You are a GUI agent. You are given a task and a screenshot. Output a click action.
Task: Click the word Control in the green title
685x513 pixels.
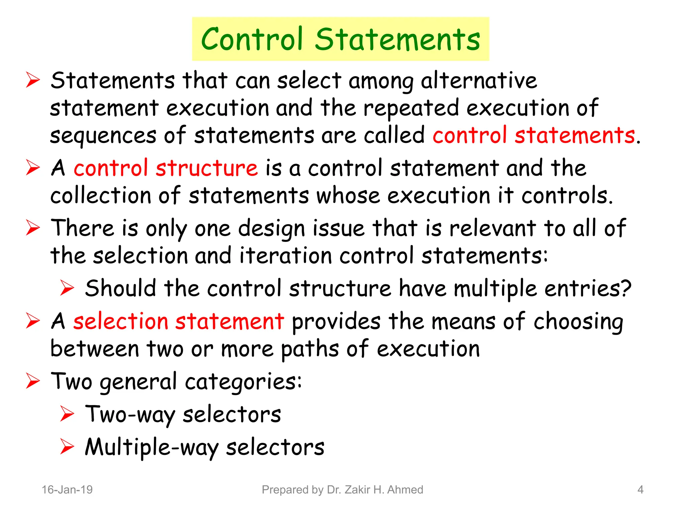click(x=252, y=39)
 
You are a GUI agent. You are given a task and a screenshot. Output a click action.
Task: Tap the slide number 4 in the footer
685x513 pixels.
click(x=640, y=490)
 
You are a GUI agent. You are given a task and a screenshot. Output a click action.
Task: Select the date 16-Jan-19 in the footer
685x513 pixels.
click(x=67, y=490)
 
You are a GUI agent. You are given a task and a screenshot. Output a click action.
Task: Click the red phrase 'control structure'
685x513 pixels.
click(x=166, y=168)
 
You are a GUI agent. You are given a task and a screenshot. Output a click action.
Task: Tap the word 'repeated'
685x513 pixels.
click(x=411, y=108)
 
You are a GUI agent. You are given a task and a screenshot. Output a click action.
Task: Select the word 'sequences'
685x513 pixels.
click(x=103, y=136)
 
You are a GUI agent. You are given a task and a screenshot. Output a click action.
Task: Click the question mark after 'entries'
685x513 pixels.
click(x=626, y=288)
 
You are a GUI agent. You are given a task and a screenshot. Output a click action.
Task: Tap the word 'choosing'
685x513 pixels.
click(x=578, y=322)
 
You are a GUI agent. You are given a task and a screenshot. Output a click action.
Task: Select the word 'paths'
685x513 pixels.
click(x=310, y=349)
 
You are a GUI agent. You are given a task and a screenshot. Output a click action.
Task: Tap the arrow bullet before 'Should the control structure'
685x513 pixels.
click(x=67, y=288)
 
